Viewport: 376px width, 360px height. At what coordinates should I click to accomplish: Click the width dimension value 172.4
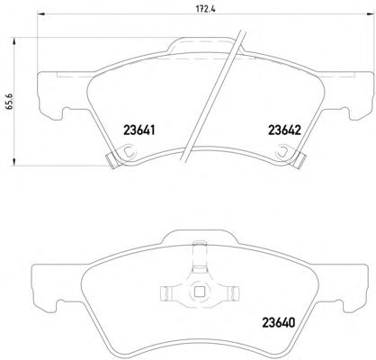206,9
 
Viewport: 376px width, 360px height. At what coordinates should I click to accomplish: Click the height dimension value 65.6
9,102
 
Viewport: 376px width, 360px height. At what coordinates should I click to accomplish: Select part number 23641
139,130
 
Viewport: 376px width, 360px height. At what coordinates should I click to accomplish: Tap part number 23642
284,130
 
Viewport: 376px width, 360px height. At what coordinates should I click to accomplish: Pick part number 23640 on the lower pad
279,322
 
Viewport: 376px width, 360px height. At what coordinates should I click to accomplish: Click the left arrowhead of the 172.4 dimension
40,13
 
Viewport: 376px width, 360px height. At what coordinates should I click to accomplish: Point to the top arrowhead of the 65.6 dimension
13,41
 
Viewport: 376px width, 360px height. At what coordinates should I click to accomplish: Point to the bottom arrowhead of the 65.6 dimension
13,161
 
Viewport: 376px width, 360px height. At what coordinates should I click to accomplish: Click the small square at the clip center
198,292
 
